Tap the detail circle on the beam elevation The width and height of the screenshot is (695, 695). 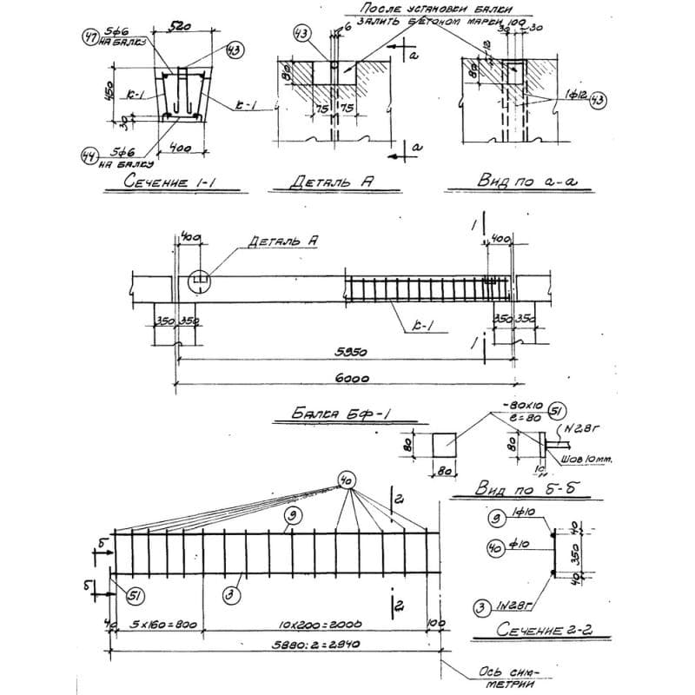[x=199, y=279]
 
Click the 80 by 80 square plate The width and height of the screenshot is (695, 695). [x=451, y=444]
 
